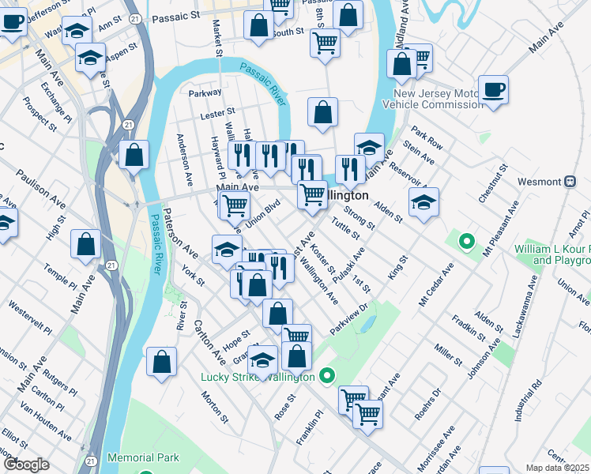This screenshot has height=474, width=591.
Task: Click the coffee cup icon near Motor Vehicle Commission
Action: point(493,89)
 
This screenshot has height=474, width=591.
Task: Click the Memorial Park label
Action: point(143,457)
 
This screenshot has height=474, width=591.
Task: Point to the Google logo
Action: point(26,464)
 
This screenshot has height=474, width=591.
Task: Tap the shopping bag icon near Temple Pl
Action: point(85,244)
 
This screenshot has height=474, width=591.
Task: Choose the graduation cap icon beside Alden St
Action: point(423,202)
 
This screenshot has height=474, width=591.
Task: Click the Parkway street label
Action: point(205,92)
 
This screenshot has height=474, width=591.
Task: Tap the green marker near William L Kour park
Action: point(466,241)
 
